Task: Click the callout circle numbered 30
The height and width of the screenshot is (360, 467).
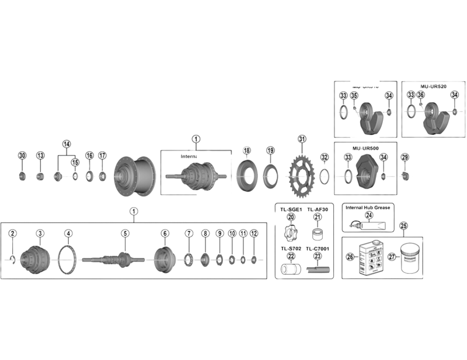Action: pyautogui.click(x=22, y=155)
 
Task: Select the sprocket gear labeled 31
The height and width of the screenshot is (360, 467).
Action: pyautogui.click(x=301, y=174)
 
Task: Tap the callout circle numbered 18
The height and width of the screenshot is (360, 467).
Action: pyautogui.click(x=247, y=151)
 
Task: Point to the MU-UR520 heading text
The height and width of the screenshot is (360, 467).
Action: pyautogui.click(x=433, y=86)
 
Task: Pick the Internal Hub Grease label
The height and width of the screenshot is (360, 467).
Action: pyautogui.click(x=368, y=207)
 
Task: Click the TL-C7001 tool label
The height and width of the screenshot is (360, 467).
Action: pyautogui.click(x=318, y=249)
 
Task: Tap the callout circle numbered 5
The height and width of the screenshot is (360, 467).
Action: pyautogui.click(x=125, y=233)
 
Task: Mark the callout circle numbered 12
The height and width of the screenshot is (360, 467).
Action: pyautogui.click(x=253, y=233)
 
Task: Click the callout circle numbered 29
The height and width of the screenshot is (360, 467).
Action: pyautogui.click(x=405, y=156)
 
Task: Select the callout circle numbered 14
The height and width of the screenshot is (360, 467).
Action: pyautogui.click(x=66, y=144)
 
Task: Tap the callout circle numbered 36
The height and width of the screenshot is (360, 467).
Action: pyautogui.click(x=421, y=95)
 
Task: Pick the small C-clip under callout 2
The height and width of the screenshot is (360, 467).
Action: pyautogui.click(x=12, y=257)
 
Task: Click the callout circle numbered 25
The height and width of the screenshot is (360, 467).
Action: pyautogui.click(x=403, y=226)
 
